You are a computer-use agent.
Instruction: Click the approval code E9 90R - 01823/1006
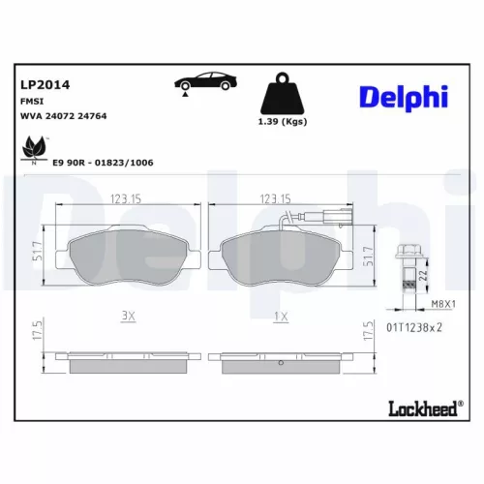pos(104,163)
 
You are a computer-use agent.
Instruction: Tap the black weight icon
pos(283,99)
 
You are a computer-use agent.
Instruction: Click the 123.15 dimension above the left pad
pos(128,199)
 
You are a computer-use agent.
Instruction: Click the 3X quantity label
pos(128,317)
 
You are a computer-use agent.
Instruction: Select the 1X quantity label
pos(281,317)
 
